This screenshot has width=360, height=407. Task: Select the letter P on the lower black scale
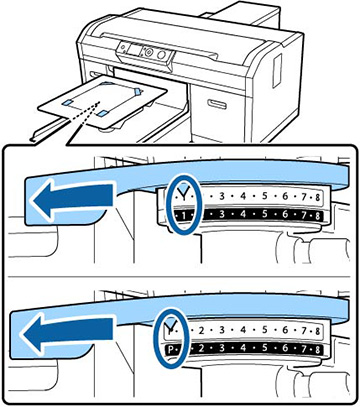pyautogui.click(x=171, y=349)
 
